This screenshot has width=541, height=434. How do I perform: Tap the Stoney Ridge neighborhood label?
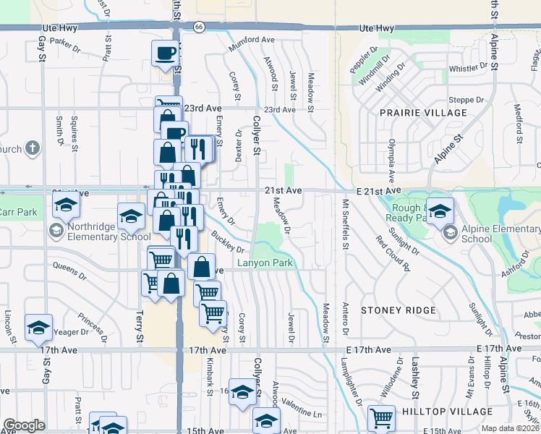[x=399, y=310]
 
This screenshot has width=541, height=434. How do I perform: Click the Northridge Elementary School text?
[x=109, y=237]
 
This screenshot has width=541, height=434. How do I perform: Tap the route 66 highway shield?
[x=199, y=27]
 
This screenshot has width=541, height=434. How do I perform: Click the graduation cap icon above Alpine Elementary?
[x=440, y=210]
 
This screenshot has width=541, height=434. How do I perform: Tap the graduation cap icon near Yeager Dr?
[x=38, y=327]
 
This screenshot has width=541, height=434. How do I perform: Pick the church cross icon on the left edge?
[x=32, y=149]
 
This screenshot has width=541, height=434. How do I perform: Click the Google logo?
[x=24, y=425]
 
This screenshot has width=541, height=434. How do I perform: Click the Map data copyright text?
[x=510, y=428]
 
